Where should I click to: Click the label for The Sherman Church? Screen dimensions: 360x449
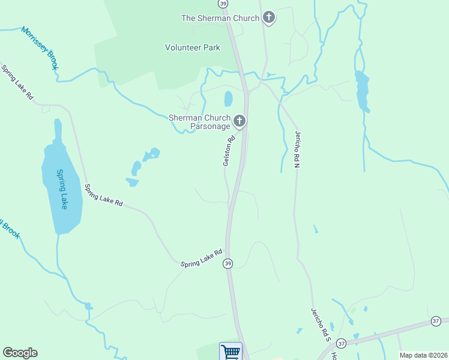(x=220, y=18)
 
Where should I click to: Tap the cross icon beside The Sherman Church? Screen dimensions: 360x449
(x=269, y=18)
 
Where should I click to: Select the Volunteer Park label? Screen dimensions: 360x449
(x=193, y=48)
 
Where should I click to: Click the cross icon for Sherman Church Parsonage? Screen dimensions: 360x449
(x=240, y=122)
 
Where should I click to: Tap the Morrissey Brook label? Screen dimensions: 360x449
(x=40, y=48)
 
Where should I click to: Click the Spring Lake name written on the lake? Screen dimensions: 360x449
(x=62, y=189)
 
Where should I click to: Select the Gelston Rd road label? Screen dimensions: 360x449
(x=228, y=151)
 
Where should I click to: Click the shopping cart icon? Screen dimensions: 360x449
(x=231, y=351)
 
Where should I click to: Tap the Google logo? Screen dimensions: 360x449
(x=20, y=353)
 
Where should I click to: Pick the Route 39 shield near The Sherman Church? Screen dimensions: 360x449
(x=223, y=4)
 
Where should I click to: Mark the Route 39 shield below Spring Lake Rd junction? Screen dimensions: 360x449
(x=228, y=263)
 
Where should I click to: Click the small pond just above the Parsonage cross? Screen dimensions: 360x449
(x=228, y=98)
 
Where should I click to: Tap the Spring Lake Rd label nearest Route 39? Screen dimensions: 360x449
(x=202, y=258)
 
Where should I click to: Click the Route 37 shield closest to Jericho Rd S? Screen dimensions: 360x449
(x=342, y=343)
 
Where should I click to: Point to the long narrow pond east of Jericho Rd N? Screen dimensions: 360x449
(x=362, y=91)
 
